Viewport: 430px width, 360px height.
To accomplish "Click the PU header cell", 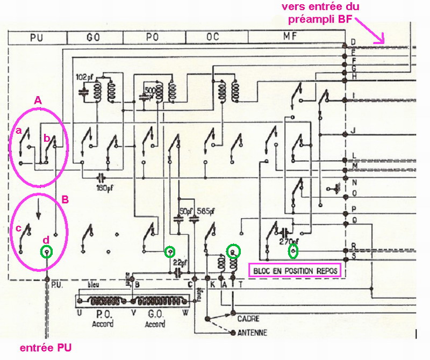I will pyautogui.click(x=37, y=38).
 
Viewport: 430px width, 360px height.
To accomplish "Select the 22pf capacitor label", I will pyautogui.click(x=181, y=263).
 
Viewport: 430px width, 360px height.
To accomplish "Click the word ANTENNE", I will pyautogui.click(x=252, y=333).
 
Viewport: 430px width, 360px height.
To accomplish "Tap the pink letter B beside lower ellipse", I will pyautogui.click(x=66, y=198).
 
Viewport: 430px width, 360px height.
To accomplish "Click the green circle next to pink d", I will pyautogui.click(x=47, y=251).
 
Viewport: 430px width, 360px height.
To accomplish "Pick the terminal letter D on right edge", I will pyautogui.click(x=353, y=42).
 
